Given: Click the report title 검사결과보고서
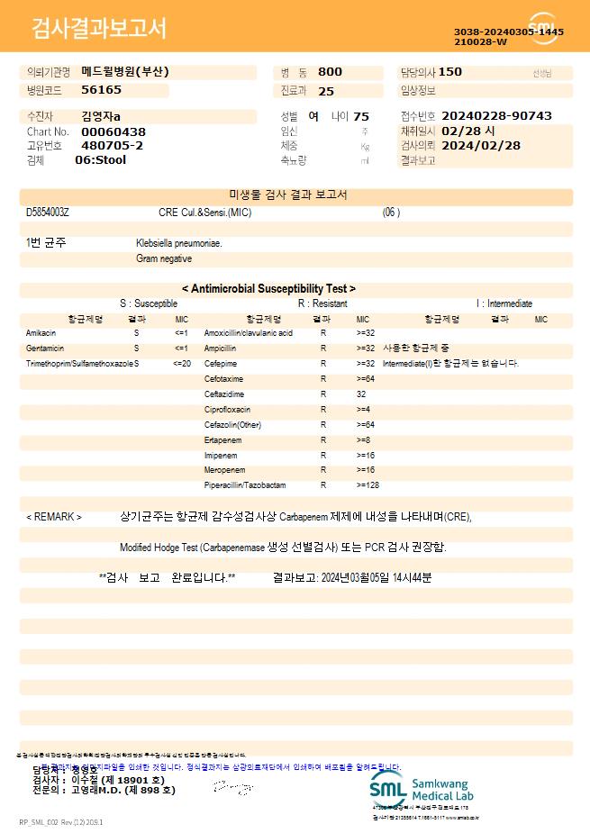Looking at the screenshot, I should pos(99,29).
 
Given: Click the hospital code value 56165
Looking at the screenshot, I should pos(101,90).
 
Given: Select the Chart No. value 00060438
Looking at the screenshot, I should pos(113,131).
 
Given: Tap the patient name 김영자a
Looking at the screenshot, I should pos(100,116).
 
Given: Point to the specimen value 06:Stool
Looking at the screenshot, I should pos(101,160).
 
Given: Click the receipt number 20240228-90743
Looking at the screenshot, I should pos(496,116).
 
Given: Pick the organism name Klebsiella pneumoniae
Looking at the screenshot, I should pos(179,243).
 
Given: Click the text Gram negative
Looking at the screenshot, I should pos(164,258).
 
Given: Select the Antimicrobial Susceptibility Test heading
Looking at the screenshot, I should pos(268,289).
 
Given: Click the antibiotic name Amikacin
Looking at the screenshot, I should pos(41,333).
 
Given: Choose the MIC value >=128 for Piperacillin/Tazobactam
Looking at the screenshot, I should pos(368,485).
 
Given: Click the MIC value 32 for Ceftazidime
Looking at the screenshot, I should pos(361,394).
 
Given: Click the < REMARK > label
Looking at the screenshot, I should pos(54,517).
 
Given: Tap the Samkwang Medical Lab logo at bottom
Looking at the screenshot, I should pos(422,789).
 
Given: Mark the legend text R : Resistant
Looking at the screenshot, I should pos(322,303).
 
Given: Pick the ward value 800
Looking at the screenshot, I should pos(331,72).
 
